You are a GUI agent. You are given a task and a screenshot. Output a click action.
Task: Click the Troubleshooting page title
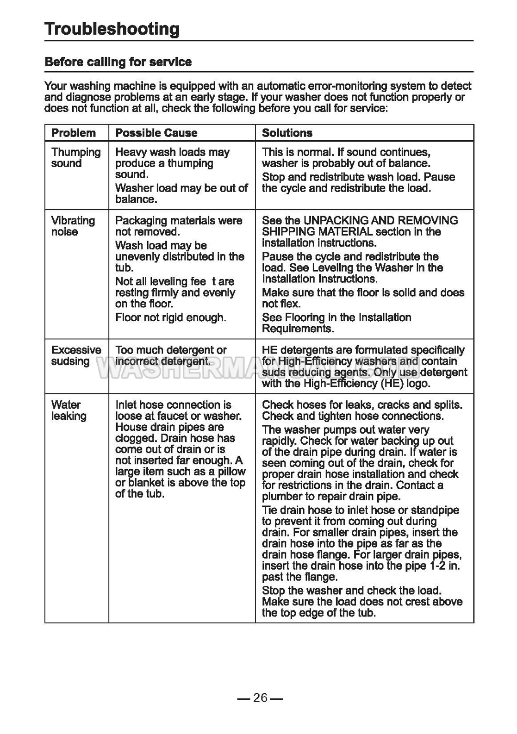click(x=112, y=29)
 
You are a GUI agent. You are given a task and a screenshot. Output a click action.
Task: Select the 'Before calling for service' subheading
click(x=118, y=62)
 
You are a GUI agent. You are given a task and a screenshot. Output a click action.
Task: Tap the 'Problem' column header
click(x=74, y=133)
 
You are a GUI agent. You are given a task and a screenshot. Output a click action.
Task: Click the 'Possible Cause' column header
click(x=156, y=133)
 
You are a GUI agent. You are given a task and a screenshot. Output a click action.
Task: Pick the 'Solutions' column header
click(x=287, y=133)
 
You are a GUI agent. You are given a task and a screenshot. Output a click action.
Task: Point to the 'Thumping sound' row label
click(x=75, y=158)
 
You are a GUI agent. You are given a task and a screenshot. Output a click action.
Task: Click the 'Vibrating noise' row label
click(x=73, y=226)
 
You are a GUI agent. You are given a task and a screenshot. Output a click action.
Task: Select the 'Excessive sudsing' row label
click(x=76, y=355)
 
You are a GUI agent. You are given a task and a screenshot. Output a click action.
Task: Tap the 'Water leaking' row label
click(x=69, y=411)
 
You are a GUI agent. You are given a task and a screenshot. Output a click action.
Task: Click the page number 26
click(x=260, y=698)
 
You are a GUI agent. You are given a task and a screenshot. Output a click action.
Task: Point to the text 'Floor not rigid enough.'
click(x=170, y=317)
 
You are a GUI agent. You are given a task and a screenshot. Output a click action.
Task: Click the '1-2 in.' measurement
click(x=445, y=566)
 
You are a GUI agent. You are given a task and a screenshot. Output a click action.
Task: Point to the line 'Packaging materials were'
click(x=179, y=220)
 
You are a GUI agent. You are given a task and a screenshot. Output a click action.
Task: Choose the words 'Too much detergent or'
click(x=171, y=350)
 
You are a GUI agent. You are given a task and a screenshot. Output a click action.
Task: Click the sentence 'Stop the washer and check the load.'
click(x=352, y=591)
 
